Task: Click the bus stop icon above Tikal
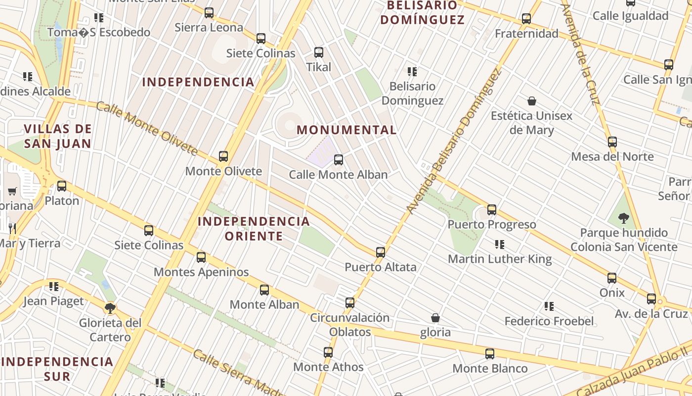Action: (319, 52)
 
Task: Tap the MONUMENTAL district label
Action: (346, 130)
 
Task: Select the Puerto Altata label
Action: (381, 267)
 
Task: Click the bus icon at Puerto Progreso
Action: (491, 209)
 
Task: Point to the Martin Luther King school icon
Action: (500, 244)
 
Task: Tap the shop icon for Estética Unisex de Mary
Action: (532, 101)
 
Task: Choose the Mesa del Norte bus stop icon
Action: (612, 142)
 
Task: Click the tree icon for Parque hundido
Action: (624, 218)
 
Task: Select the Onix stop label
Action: (612, 293)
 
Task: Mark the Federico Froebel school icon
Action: (549, 306)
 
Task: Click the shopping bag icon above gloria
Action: (435, 317)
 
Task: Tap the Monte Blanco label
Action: (490, 369)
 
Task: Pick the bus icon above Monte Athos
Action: (328, 352)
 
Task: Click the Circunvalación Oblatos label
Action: (350, 325)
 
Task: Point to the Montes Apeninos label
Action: (201, 272)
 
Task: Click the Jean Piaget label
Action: (54, 301)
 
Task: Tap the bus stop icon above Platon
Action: (62, 186)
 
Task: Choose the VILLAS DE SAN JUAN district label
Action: (58, 137)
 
